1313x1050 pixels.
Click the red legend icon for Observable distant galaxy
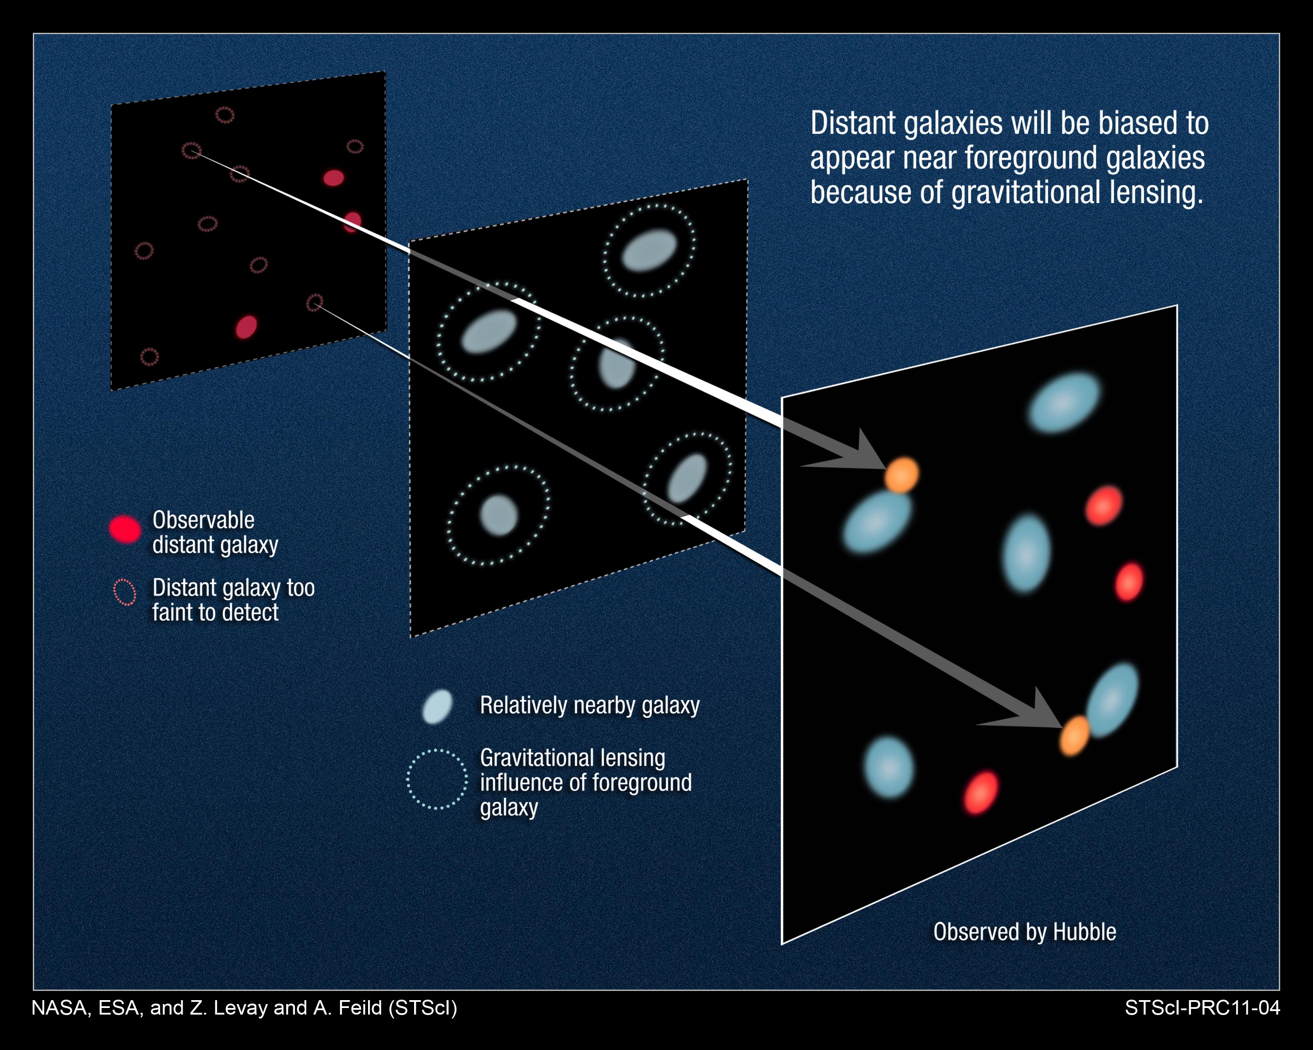125,528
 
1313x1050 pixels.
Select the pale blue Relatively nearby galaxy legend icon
437,707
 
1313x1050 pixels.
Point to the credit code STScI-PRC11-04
1202,1008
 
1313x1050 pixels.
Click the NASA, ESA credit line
244,1008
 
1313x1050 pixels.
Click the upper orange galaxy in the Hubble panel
901,475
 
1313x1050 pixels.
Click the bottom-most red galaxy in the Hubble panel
980,792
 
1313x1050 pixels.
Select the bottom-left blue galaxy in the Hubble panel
889,767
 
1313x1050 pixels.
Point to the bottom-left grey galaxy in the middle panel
499,515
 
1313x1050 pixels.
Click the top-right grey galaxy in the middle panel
649,249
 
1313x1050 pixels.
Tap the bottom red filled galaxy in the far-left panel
246,327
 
